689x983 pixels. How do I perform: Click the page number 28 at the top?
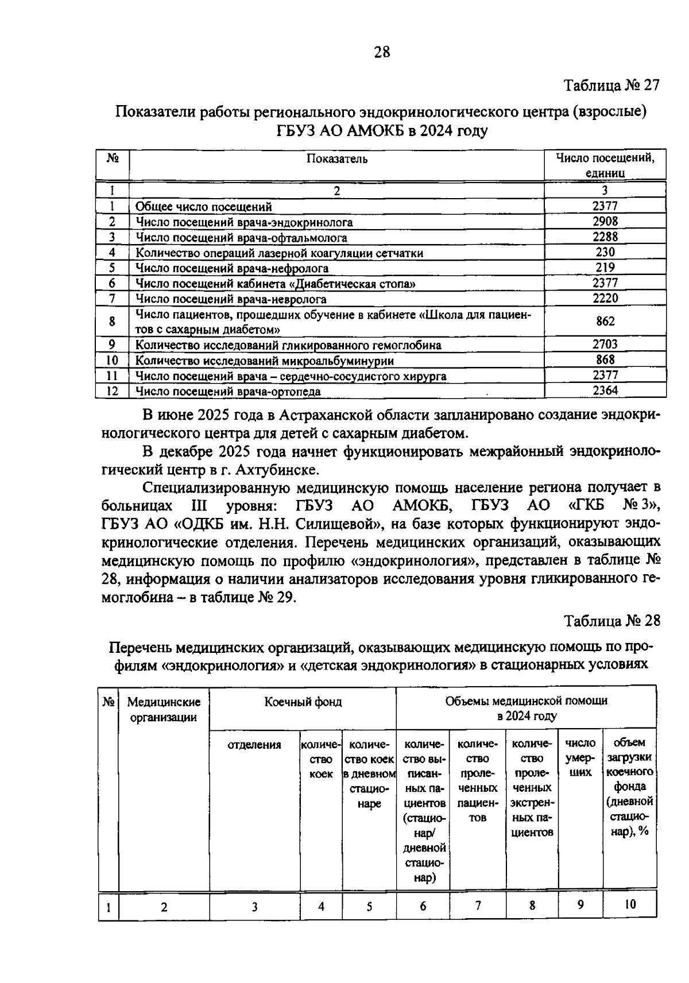(x=382, y=52)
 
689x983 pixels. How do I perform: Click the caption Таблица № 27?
(x=611, y=86)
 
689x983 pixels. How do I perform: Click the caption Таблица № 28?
(x=611, y=621)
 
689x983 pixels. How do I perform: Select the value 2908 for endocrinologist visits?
(x=605, y=222)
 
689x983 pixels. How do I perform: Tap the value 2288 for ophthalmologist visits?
(x=605, y=237)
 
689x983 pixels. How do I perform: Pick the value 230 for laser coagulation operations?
(x=605, y=252)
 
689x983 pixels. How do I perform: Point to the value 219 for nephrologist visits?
(x=605, y=268)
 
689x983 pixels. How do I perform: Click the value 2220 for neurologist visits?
(x=605, y=298)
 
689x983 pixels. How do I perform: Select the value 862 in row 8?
(x=605, y=322)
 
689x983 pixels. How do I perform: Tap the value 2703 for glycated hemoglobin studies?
(x=605, y=345)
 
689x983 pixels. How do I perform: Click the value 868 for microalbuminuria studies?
(x=605, y=360)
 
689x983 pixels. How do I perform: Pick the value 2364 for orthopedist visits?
(x=605, y=391)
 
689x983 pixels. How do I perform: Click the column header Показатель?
(x=337, y=158)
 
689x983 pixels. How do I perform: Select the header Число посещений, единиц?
(x=605, y=165)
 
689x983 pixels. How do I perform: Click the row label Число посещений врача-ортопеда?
(x=228, y=392)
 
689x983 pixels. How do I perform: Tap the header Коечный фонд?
(x=303, y=702)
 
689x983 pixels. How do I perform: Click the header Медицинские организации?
(x=164, y=709)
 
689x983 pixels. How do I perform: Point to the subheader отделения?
(x=254, y=745)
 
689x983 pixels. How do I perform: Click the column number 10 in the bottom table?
(x=629, y=904)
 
